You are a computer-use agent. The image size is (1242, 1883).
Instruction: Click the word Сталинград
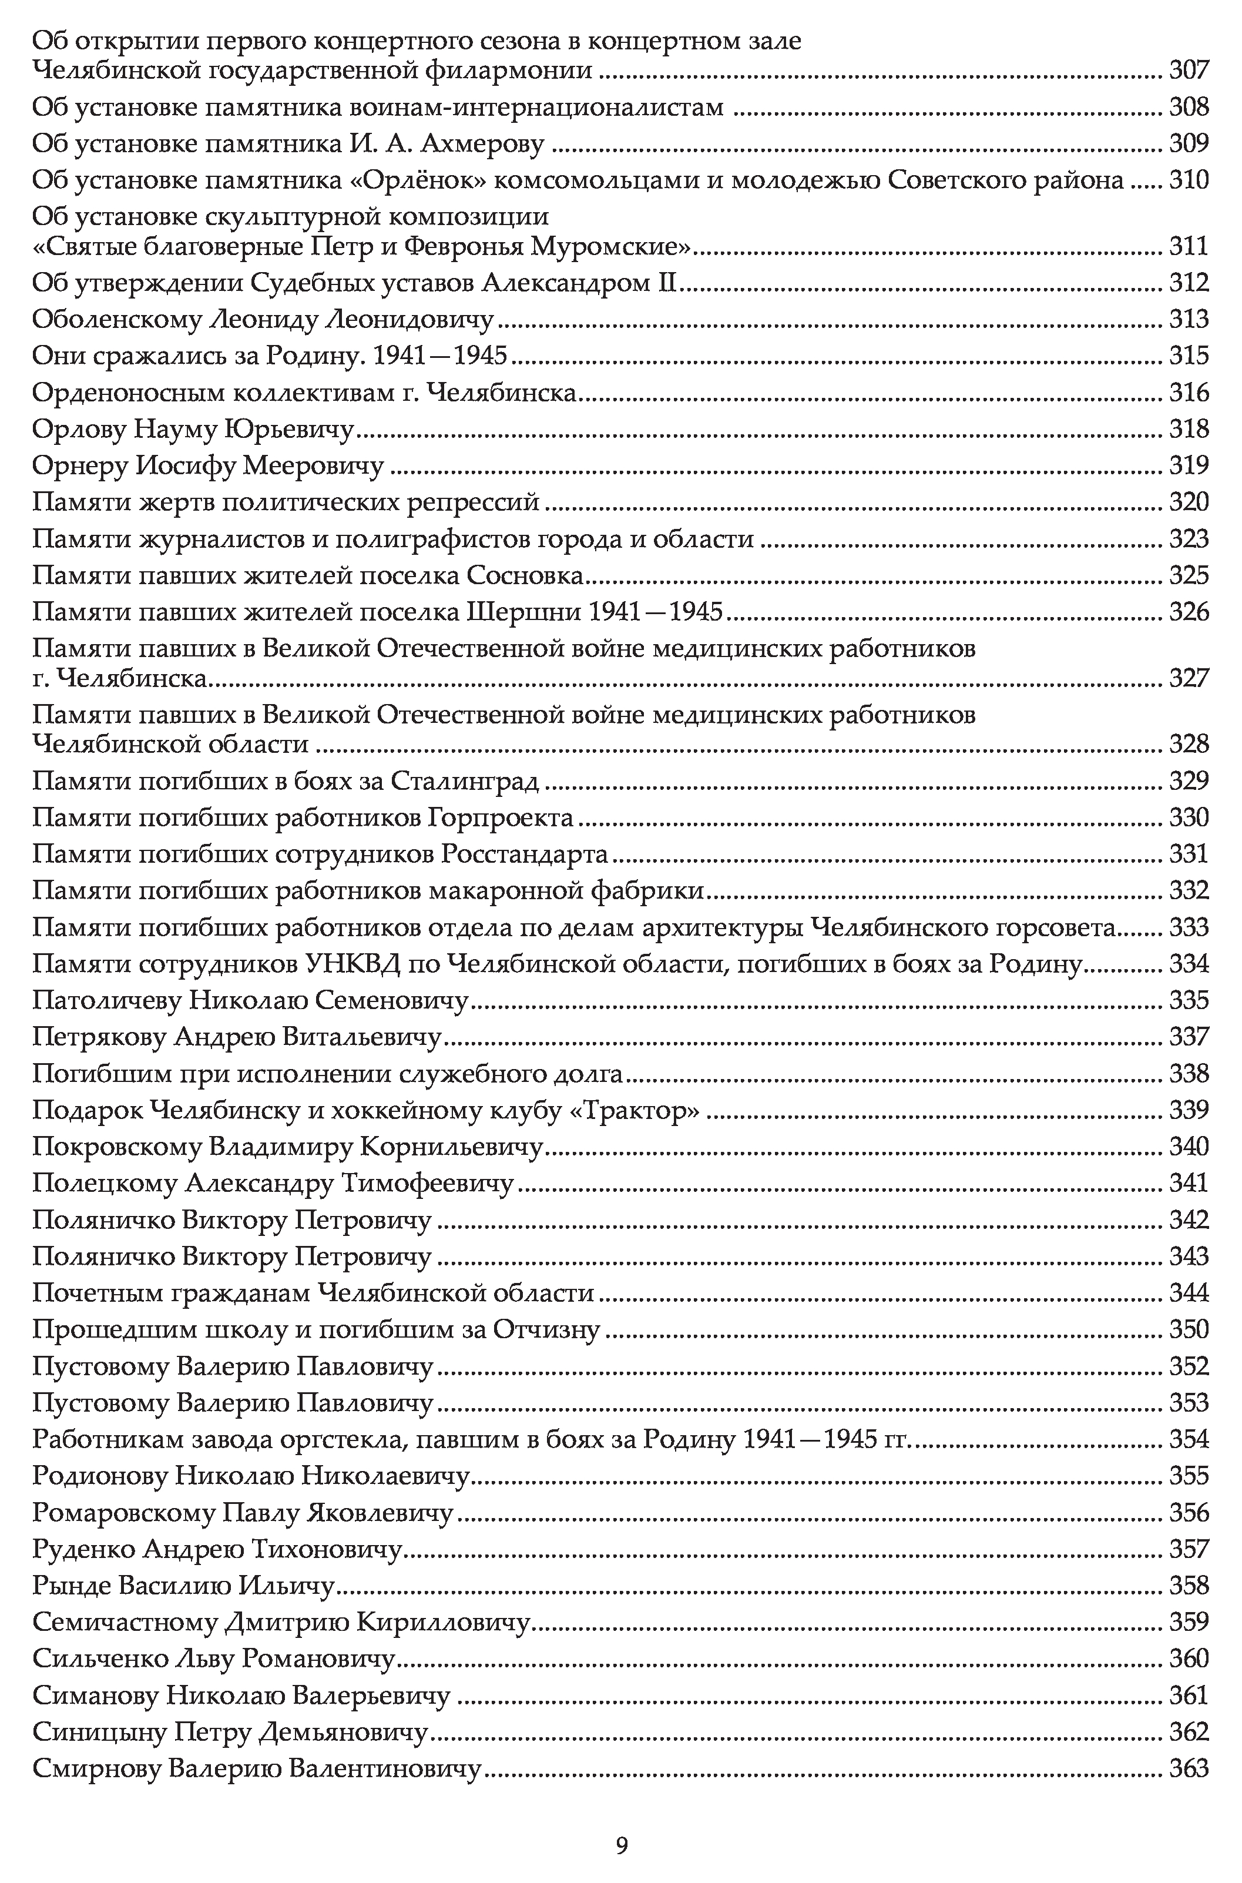[465, 782]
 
